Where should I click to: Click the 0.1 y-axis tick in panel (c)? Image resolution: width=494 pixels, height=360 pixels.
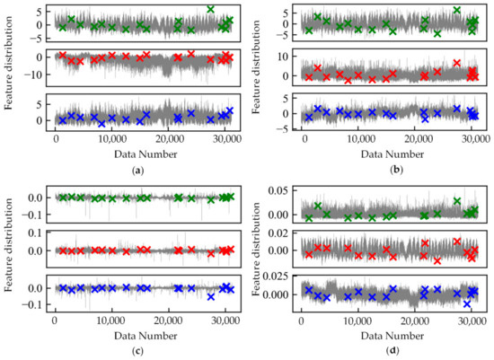(x=36, y=233)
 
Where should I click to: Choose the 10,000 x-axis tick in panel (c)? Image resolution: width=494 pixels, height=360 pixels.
(x=112, y=319)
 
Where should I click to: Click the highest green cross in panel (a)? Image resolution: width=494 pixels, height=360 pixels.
(x=210, y=9)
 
